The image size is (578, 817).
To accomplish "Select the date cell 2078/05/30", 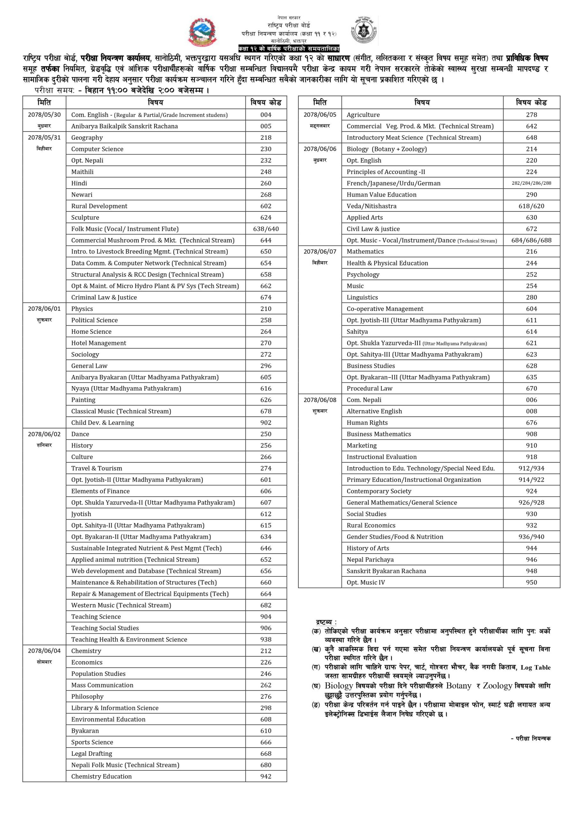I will click(44, 115).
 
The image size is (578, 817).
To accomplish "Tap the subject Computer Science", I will click(97, 149).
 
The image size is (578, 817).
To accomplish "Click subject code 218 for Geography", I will click(266, 138).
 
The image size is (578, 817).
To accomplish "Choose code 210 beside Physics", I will click(266, 309).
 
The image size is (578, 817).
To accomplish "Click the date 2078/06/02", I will click(44, 434).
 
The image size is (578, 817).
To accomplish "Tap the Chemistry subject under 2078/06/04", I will click(86, 651).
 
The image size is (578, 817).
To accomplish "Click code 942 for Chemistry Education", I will click(266, 776).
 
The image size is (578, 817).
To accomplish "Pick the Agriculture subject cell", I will click(363, 115).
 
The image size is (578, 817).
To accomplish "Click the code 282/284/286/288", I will click(531, 183).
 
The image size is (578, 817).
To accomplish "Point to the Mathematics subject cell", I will click(365, 251).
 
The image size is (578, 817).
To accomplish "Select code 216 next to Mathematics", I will click(531, 251).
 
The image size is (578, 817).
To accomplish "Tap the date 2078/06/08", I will click(319, 400).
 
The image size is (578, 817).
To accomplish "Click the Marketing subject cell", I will click(361, 446).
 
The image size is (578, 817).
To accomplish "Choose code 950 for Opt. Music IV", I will click(531, 582).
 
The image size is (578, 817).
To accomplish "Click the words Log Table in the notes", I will click(535, 668).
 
